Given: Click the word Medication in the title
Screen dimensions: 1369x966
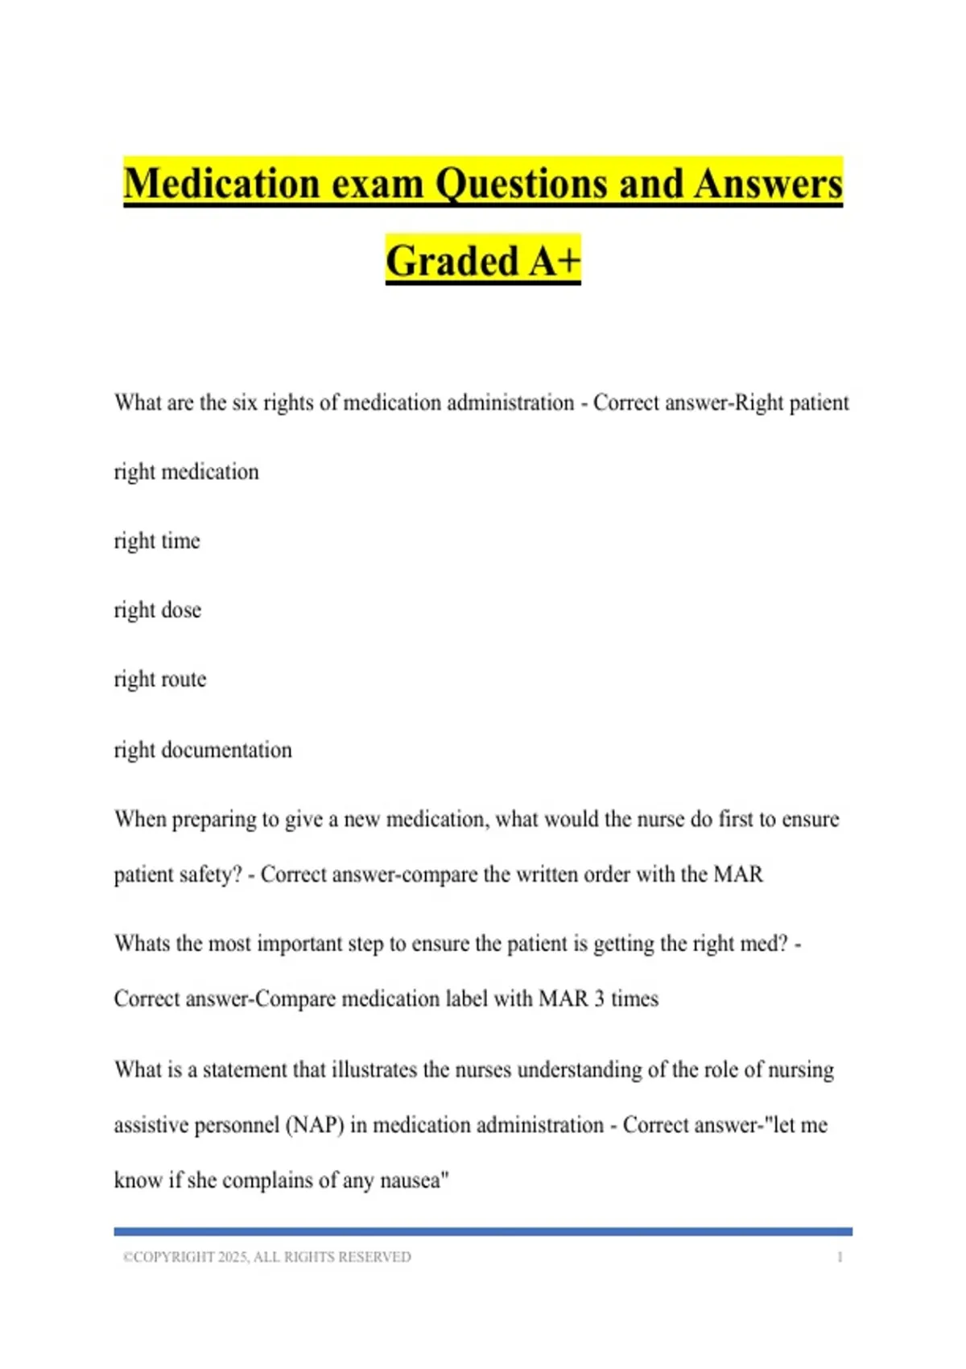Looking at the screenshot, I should pos(222,183).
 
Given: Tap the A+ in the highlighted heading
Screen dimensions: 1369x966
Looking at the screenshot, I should pos(554,261).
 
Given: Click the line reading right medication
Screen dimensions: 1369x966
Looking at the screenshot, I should pos(186,472).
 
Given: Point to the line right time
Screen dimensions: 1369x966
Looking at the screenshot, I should pos(157,541).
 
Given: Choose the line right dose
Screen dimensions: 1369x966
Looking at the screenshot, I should pos(157,610).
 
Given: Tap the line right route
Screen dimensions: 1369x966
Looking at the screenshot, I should pos(159,680).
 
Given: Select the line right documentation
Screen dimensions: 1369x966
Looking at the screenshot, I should pos(203,750).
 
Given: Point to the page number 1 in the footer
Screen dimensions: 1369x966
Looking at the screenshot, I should pos(840,1257).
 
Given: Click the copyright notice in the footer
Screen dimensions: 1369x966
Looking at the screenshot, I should pos(266,1257).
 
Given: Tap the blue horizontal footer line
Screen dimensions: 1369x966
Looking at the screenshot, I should pos(483,1231).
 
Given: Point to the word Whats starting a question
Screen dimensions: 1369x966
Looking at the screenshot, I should pos(142,944).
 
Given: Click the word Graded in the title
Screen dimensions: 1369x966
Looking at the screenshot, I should pos(452,261).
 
